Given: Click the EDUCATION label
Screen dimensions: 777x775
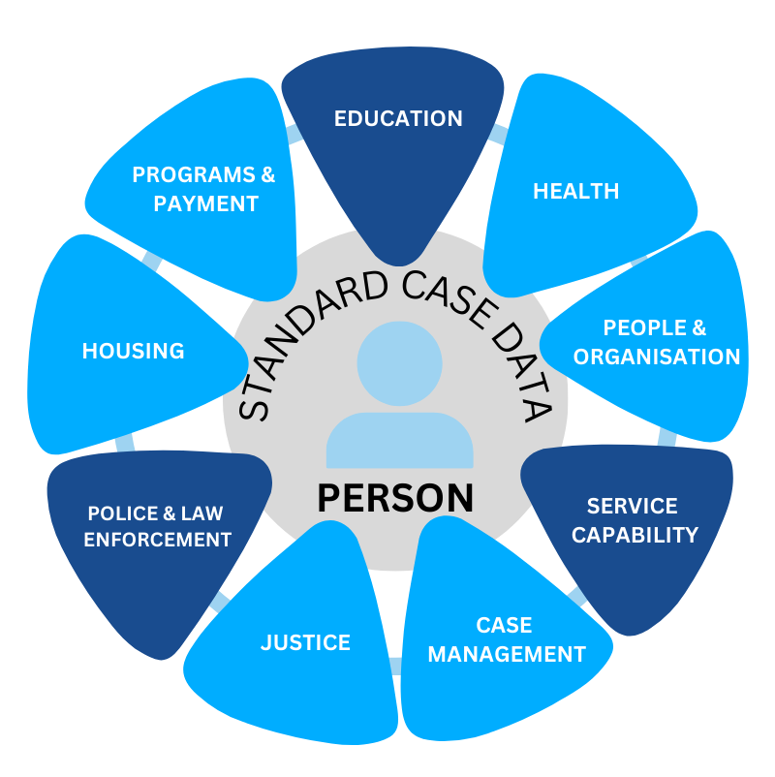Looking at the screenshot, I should coord(398,118).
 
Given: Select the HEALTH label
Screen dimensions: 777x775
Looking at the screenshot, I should coord(575,190).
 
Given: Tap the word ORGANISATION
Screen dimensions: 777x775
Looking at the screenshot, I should coord(657,357).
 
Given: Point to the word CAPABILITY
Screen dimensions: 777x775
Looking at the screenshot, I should coord(635,535).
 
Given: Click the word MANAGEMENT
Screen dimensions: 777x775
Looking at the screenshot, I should coord(507,655).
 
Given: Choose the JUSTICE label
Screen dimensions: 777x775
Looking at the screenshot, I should coord(305,642).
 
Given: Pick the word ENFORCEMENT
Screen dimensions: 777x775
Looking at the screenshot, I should coord(158,540).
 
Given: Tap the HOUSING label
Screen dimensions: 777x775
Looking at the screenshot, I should coord(133,351).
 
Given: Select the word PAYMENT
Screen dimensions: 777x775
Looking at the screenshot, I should coord(205,203).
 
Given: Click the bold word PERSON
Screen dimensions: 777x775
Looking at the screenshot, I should coord(396,497).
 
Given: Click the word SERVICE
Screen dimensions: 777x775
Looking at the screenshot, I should coord(633,506).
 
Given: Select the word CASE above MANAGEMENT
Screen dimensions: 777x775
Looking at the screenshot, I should coord(504,625).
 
